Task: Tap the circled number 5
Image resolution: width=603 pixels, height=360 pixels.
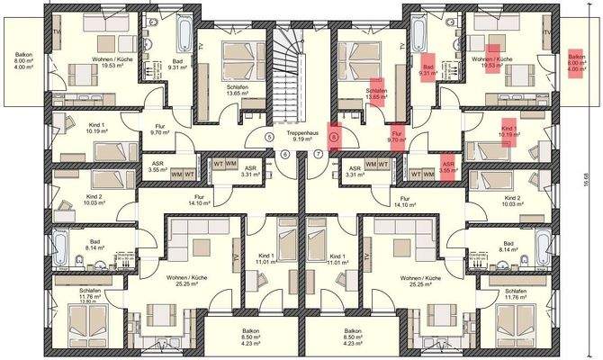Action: (x=269, y=137)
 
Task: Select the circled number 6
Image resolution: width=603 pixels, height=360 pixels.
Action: (x=284, y=154)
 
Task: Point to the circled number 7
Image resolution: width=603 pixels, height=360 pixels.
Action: (x=318, y=154)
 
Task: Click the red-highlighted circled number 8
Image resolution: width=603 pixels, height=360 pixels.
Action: (x=334, y=137)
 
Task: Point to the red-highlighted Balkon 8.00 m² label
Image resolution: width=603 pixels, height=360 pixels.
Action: (x=576, y=62)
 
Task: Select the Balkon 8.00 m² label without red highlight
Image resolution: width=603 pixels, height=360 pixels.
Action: (x=23, y=62)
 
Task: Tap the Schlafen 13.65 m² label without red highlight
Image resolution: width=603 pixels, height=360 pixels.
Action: (x=238, y=88)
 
